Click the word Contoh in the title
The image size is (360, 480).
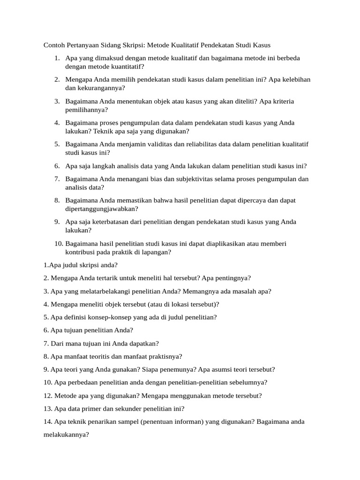54,45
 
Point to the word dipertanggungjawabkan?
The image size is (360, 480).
102,209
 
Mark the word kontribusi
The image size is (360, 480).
82,252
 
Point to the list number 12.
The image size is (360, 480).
48,396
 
